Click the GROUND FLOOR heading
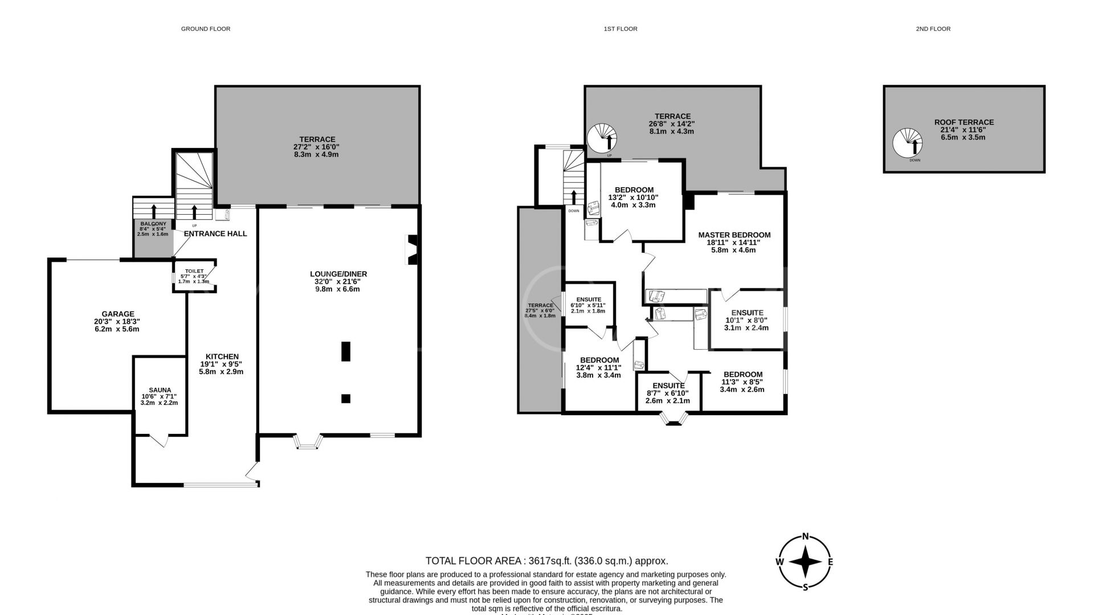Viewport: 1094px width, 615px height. pos(205,28)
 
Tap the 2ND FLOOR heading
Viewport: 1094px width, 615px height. pos(933,28)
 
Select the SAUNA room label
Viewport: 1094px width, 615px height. pos(160,390)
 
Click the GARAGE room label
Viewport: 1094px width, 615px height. pos(118,314)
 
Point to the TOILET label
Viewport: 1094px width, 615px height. pos(194,271)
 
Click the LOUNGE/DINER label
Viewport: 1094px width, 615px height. pos(338,274)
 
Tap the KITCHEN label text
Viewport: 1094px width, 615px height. pos(221,356)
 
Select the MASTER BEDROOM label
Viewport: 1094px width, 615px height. pos(734,235)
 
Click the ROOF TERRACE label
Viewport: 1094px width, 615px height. pos(964,122)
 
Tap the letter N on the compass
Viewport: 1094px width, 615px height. pos(805,536)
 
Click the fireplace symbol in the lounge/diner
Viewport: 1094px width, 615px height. pos(411,249)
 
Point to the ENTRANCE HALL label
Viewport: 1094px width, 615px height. pos(215,233)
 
